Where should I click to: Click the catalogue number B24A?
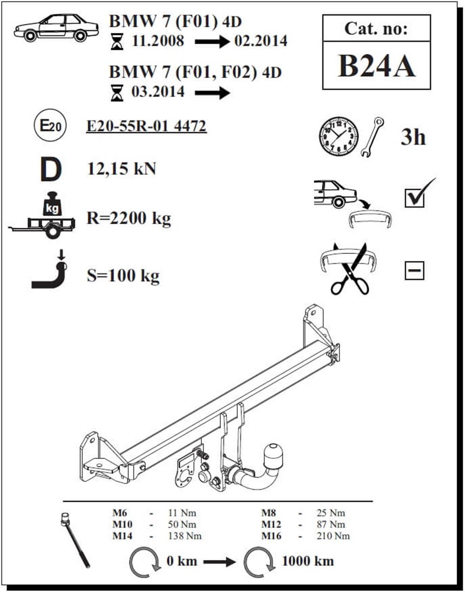(x=377, y=66)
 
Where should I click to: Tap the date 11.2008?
(x=158, y=41)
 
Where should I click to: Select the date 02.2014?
(x=261, y=41)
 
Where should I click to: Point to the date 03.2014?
(x=158, y=92)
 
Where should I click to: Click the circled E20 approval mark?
(x=50, y=125)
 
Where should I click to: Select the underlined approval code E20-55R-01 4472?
(x=146, y=126)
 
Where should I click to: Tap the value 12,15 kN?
(x=121, y=169)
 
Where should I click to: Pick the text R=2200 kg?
(x=129, y=219)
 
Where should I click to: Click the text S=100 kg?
(x=123, y=276)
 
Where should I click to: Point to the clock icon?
(x=339, y=137)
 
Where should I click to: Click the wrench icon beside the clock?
(x=372, y=137)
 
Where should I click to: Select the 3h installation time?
(x=413, y=137)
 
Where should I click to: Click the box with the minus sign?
(x=414, y=271)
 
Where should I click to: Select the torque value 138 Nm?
(x=185, y=536)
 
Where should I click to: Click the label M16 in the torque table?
(x=271, y=536)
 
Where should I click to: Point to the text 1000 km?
(x=307, y=561)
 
